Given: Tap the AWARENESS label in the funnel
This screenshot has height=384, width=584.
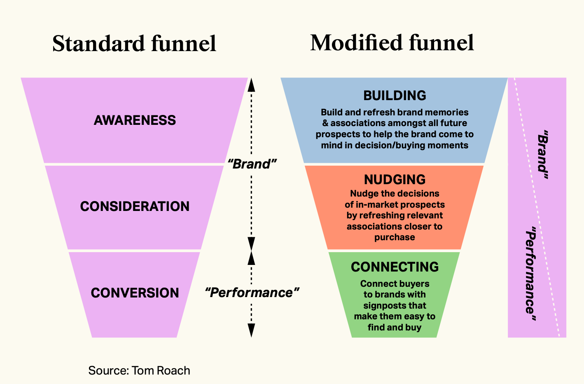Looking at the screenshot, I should tap(135, 120).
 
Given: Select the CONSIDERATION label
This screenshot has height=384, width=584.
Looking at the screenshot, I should tap(135, 206).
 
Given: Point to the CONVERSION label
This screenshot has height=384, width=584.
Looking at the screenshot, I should tap(135, 293).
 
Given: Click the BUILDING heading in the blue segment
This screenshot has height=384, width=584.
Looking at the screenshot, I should tap(395, 96).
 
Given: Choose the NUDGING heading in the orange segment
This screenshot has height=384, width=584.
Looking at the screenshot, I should tap(395, 180).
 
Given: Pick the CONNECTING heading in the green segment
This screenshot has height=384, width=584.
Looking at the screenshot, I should tap(395, 267).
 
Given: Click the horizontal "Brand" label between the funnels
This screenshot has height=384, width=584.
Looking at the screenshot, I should tap(252, 164).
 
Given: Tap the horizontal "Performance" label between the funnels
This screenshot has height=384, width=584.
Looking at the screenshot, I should tap(252, 293).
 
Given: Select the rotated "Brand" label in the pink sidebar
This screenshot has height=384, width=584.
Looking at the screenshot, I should tap(543, 155).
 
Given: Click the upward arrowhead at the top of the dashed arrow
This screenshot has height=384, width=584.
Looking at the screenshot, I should tap(251, 84).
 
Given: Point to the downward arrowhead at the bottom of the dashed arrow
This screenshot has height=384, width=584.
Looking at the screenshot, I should tap(251, 330).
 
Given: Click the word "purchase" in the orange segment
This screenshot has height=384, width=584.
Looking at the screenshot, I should tap(395, 237).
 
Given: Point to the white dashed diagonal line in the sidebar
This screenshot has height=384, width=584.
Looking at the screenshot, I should tap(536, 206).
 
